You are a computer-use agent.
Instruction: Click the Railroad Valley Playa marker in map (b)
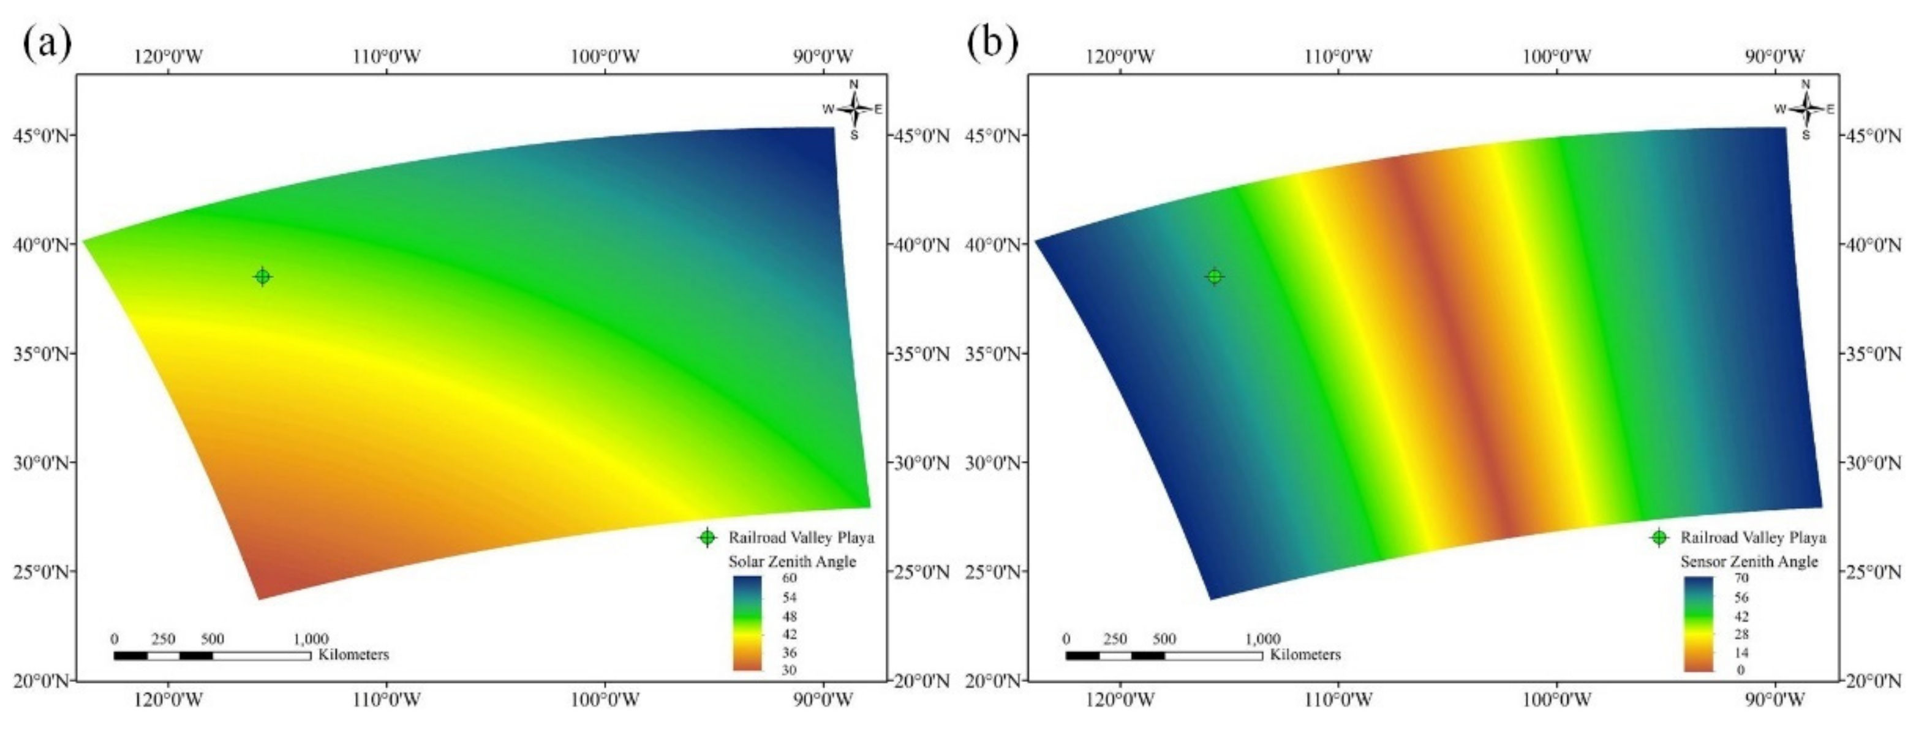coord(1215,277)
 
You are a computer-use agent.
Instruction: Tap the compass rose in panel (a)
coord(854,110)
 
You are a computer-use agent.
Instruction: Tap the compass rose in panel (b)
coord(1806,110)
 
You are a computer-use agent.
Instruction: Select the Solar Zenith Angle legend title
coord(791,561)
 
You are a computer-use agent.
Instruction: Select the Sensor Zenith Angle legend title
coord(1749,561)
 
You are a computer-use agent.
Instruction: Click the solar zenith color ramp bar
coord(747,623)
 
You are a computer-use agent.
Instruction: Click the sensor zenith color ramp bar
coord(1699,623)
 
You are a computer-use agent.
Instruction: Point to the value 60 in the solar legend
coord(789,579)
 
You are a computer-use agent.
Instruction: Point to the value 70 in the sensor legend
coord(1741,579)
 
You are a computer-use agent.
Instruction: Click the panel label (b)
coord(992,43)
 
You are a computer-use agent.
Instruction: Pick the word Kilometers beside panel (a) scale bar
coord(353,655)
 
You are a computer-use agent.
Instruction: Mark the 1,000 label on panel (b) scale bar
coord(1262,639)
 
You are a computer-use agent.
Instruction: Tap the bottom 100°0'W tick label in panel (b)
coord(1557,700)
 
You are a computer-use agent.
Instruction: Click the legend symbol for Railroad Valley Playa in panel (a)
coord(707,538)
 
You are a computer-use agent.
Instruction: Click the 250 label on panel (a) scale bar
coord(163,639)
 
